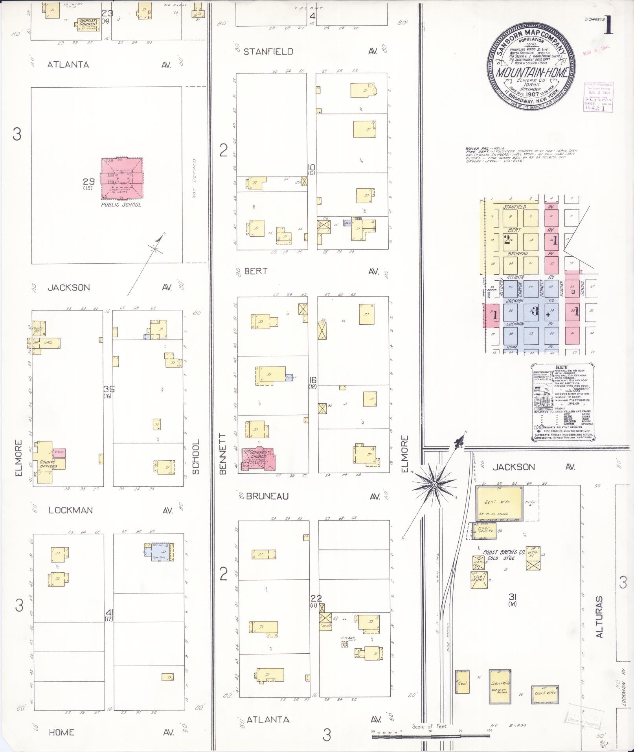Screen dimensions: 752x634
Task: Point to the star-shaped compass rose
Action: click(x=434, y=485)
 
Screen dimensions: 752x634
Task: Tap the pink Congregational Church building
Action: click(x=259, y=459)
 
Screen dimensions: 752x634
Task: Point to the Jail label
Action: click(x=48, y=343)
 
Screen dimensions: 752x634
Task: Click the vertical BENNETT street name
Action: click(x=223, y=454)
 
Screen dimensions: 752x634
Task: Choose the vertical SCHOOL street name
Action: click(x=196, y=457)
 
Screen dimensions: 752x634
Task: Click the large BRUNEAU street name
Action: click(x=267, y=496)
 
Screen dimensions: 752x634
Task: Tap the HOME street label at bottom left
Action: click(x=62, y=732)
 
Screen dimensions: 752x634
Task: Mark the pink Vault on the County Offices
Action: click(x=59, y=452)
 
